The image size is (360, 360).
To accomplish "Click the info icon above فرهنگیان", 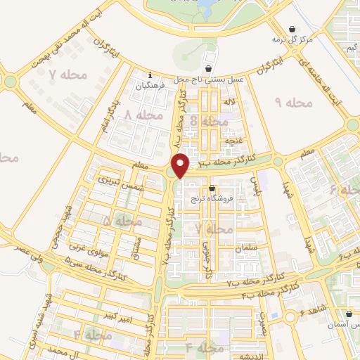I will tap(150, 76).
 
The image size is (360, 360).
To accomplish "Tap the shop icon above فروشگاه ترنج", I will tap(213, 188).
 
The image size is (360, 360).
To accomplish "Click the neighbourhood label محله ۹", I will tap(290, 103).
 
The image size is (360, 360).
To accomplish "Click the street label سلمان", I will tap(258, 251).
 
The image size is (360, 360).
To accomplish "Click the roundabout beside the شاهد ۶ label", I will tap(290, 318).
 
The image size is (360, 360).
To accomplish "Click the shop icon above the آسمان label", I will tap(349, 314).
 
